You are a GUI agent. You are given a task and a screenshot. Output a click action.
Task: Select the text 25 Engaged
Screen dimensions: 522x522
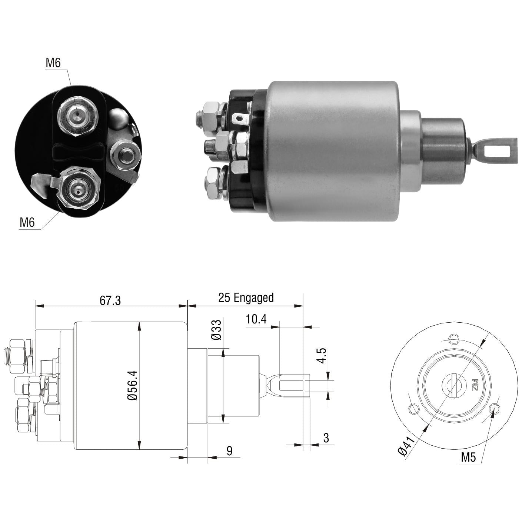coord(246,297)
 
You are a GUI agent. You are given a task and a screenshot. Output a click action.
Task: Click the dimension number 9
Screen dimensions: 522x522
coord(229,450)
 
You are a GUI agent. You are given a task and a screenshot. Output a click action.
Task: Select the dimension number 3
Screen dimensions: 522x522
coord(326,438)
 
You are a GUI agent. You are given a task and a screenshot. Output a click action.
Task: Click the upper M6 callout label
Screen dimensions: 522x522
coord(53,63)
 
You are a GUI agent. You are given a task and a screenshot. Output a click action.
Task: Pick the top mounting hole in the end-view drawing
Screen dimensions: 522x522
coord(453,339)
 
